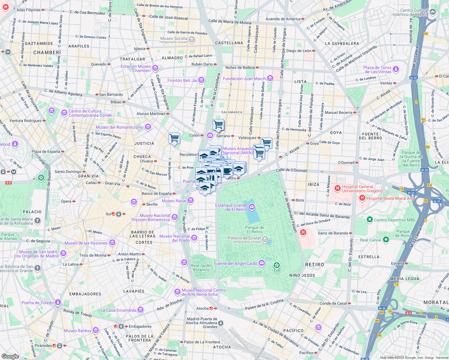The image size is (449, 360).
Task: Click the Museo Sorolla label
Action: (x=173, y=39)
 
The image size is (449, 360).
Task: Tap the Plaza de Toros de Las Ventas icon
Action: (x=396, y=69)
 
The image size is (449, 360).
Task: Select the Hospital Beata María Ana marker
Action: (x=362, y=198)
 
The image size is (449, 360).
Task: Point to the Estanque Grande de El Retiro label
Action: (x=231, y=207)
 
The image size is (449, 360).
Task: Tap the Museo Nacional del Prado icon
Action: (x=194, y=238)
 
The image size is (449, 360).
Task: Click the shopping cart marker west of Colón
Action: (x=174, y=138)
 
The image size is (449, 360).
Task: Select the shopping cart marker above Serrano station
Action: (x=218, y=124)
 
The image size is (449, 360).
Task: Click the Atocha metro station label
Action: (x=202, y=308)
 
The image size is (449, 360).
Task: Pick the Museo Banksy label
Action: (x=77, y=331)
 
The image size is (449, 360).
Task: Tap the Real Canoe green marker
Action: (x=386, y=240)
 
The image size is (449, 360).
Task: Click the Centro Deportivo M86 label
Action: (x=394, y=220)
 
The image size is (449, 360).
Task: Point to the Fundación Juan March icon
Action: (x=270, y=79)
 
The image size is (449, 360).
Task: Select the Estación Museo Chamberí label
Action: (x=136, y=68)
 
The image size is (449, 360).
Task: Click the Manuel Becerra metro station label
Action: (x=338, y=112)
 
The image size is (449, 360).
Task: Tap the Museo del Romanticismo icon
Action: (x=148, y=127)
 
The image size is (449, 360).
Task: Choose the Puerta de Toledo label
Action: (x=38, y=303)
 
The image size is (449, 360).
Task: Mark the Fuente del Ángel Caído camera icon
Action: (x=261, y=263)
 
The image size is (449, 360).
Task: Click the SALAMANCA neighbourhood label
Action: (x=232, y=112)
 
